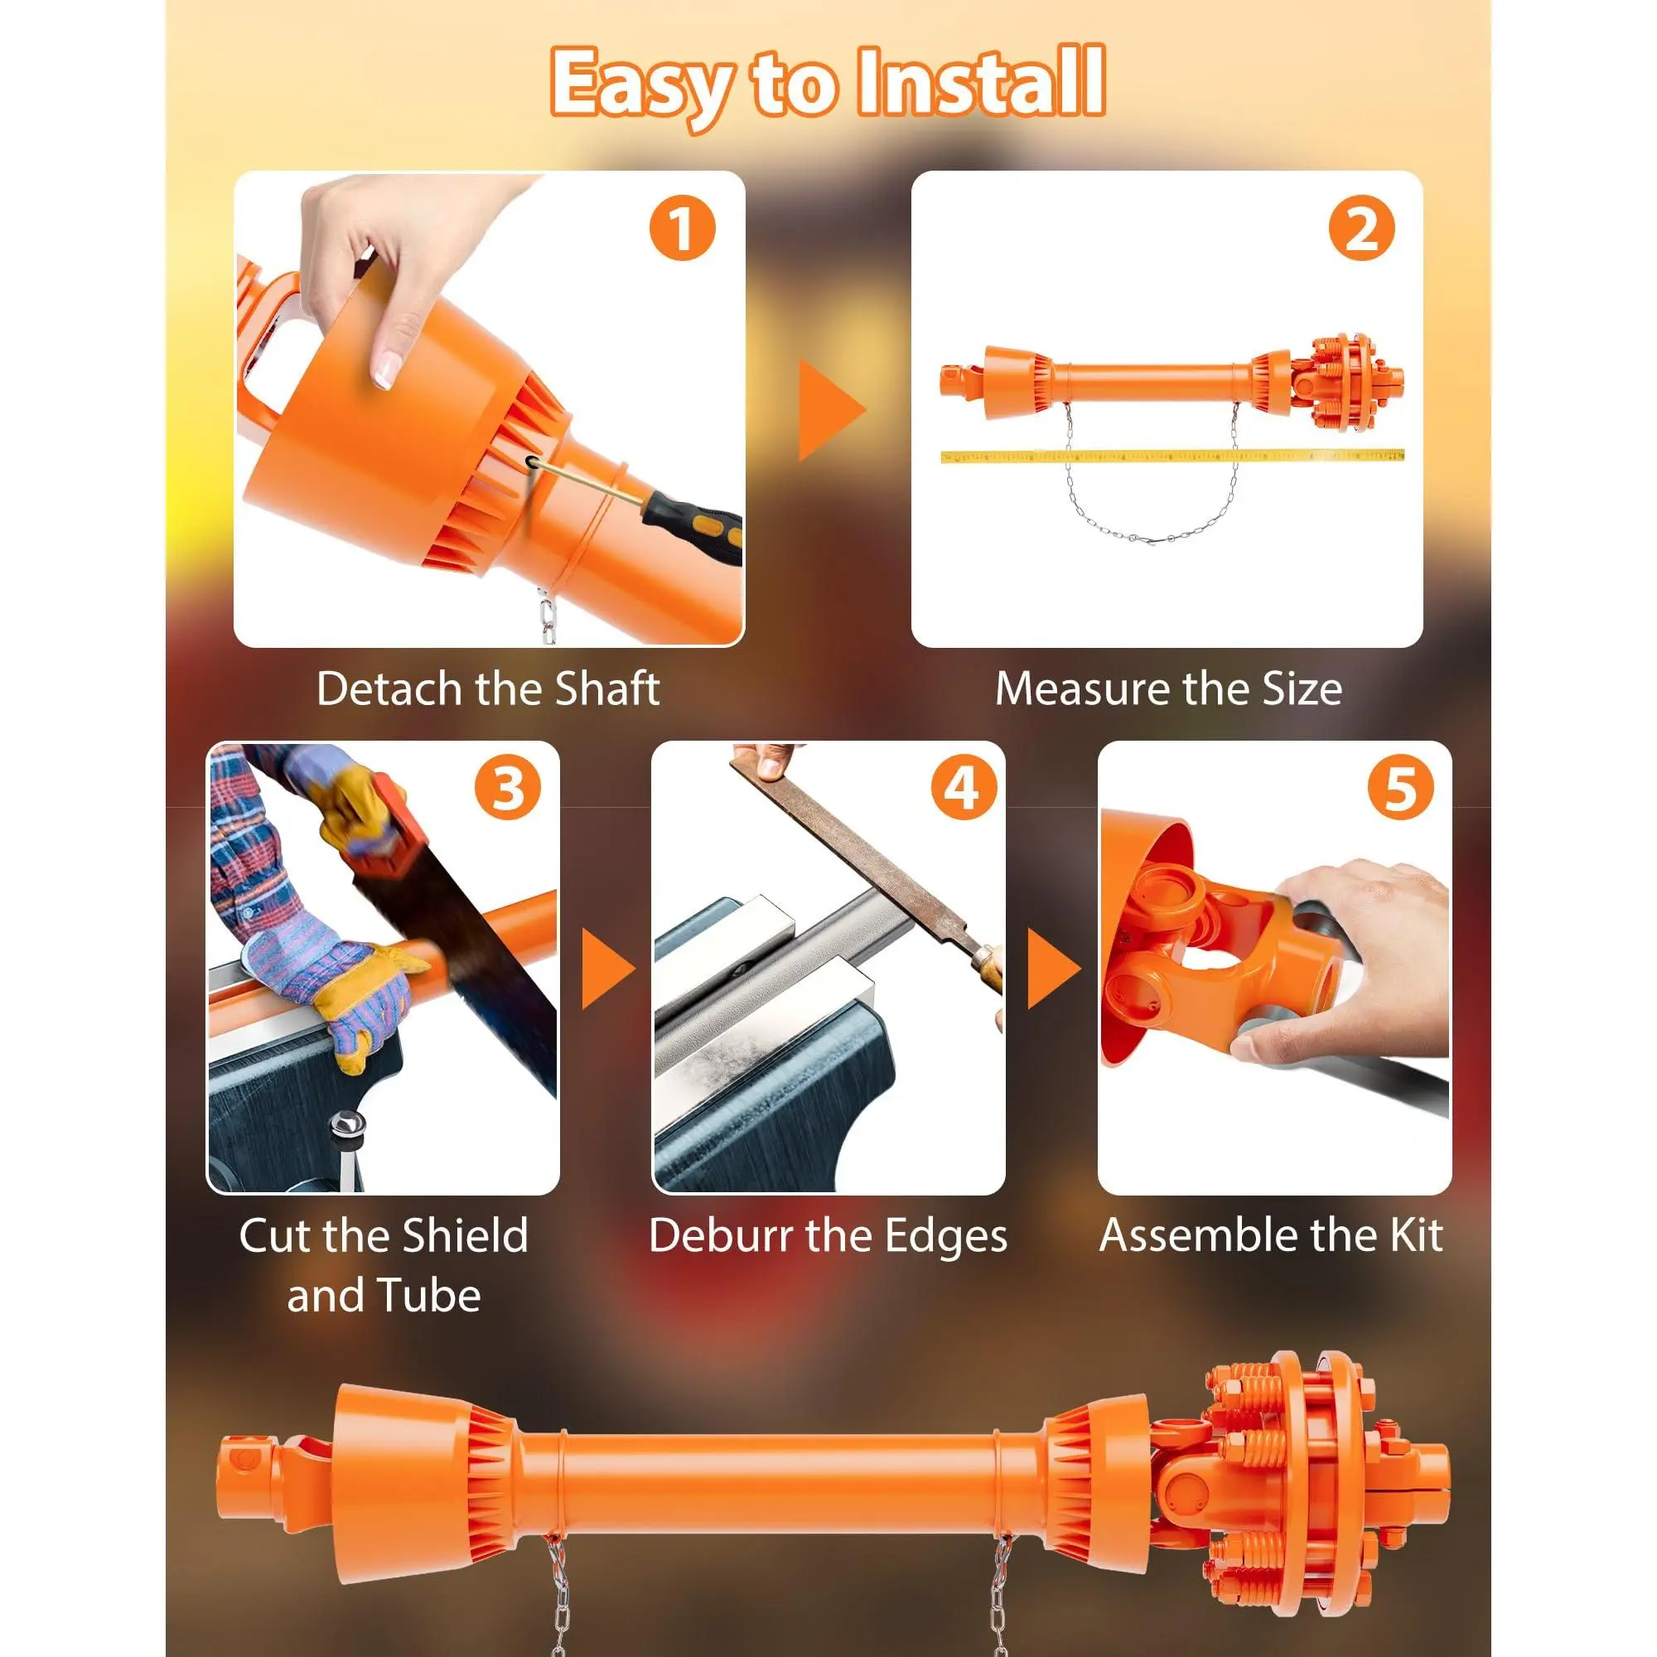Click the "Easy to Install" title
828,84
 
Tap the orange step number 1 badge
683,229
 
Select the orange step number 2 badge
1362,229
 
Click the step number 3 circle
508,787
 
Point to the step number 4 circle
964,787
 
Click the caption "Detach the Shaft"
488,688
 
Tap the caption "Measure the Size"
1168,688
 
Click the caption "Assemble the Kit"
1271,1236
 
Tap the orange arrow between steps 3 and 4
607,969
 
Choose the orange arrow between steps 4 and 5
1053,969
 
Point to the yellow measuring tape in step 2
1172,456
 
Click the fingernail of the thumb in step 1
389,370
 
